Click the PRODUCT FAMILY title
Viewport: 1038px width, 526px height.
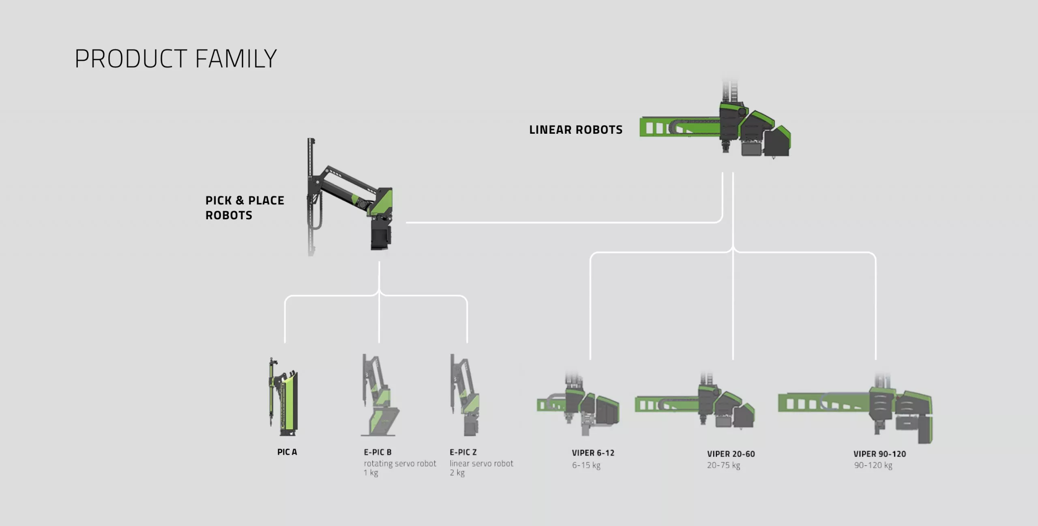click(x=176, y=59)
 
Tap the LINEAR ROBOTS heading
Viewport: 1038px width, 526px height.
click(x=576, y=130)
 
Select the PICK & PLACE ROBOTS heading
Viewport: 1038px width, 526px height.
click(x=244, y=208)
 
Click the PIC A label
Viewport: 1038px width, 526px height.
click(x=287, y=452)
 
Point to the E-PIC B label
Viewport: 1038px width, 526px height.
click(x=377, y=452)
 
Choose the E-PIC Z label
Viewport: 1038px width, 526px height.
click(x=463, y=452)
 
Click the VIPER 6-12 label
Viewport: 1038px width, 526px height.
click(x=593, y=453)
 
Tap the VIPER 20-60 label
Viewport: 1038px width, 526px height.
click(x=731, y=454)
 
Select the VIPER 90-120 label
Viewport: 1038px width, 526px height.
click(x=879, y=454)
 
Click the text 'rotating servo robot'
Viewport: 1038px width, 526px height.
click(x=400, y=463)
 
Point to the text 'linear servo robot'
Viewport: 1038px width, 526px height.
click(x=481, y=463)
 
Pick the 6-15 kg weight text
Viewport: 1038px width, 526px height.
click(x=586, y=465)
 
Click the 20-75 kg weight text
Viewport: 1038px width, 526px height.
click(x=723, y=465)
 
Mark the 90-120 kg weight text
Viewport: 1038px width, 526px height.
click(x=873, y=465)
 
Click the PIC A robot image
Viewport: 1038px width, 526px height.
click(x=283, y=397)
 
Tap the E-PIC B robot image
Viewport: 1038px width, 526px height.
click(x=379, y=396)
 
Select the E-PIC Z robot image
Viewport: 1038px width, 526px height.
click(x=465, y=396)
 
